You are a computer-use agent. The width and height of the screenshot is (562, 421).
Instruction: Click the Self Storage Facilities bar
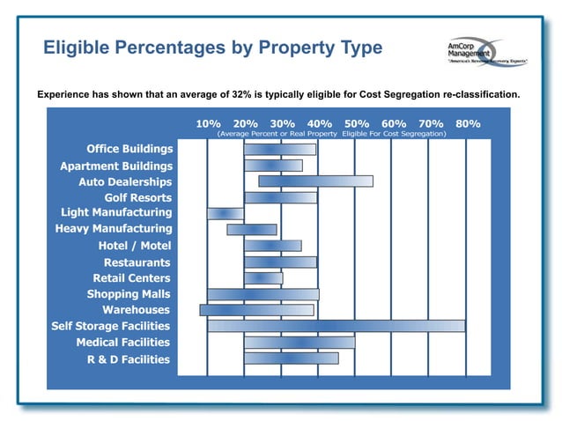(336, 326)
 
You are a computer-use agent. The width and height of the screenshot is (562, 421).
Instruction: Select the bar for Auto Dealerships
(315, 181)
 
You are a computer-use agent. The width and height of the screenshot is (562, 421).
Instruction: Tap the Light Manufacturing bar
(226, 213)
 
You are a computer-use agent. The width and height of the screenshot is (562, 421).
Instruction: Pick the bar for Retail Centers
(263, 278)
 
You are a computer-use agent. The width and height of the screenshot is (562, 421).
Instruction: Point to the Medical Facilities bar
(299, 342)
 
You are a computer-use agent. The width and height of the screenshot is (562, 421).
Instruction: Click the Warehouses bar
(256, 310)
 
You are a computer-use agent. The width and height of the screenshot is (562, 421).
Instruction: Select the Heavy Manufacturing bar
(251, 230)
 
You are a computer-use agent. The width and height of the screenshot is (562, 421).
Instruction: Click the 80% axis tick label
(468, 123)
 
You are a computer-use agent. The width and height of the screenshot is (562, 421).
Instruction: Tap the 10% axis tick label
(208, 123)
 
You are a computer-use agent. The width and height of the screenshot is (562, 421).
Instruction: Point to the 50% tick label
(356, 123)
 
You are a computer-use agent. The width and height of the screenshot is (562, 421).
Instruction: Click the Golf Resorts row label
(137, 197)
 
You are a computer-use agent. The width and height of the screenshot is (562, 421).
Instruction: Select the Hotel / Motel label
(135, 246)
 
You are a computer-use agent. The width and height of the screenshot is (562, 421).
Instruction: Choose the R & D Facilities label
(129, 358)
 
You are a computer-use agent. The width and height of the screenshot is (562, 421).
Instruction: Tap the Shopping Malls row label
(129, 294)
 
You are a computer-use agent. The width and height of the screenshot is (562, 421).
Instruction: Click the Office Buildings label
(129, 149)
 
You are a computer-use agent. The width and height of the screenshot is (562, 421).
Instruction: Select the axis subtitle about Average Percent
(331, 134)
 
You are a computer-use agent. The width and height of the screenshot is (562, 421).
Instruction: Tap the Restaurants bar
(280, 262)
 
